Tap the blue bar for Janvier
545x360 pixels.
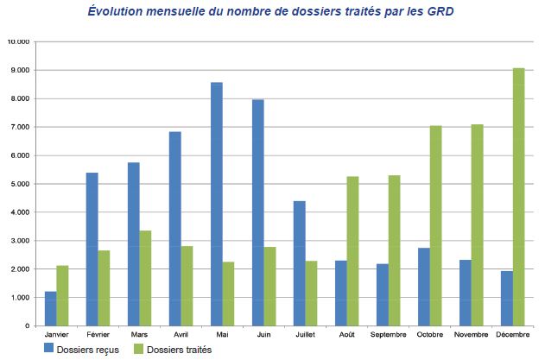[x=51, y=308]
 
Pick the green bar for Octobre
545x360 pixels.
[x=436, y=225]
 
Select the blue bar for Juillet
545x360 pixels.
[x=300, y=263]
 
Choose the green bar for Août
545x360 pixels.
[x=352, y=251]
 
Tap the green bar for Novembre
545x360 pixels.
[x=478, y=224]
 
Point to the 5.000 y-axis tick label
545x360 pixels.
[x=20, y=184]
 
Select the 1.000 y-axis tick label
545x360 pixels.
[x=20, y=298]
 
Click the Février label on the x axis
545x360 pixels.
[x=98, y=333]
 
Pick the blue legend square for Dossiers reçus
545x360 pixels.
[x=49, y=349]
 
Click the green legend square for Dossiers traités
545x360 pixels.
[x=138, y=349]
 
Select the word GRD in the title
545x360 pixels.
[x=440, y=12]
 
